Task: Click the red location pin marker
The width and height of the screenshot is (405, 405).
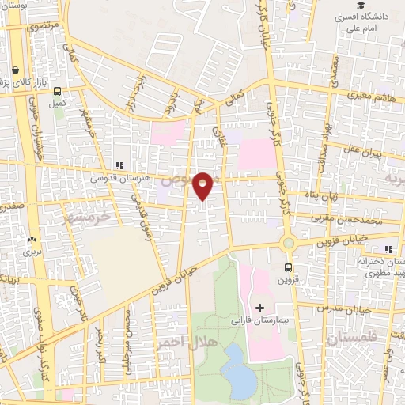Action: [203, 185]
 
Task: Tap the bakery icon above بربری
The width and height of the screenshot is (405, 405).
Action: [32, 239]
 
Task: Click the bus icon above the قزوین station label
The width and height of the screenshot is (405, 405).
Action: [288, 267]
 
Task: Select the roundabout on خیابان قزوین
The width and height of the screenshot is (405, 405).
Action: [288, 244]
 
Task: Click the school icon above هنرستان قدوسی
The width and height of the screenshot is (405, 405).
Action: [119, 165]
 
